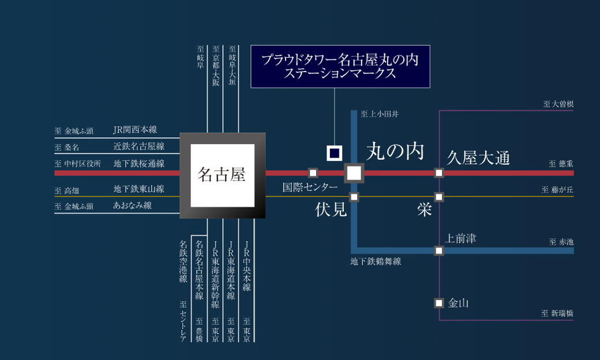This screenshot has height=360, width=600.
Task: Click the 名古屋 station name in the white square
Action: click(x=222, y=174)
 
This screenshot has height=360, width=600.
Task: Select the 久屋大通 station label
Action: click(x=478, y=157)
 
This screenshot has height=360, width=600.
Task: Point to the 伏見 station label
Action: click(x=331, y=209)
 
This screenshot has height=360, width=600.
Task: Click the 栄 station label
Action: click(x=425, y=209)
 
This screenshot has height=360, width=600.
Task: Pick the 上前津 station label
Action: click(x=460, y=238)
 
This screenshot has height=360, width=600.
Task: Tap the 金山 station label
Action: click(x=458, y=303)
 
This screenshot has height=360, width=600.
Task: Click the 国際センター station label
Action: click(x=310, y=187)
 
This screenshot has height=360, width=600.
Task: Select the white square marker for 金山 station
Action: click(x=439, y=303)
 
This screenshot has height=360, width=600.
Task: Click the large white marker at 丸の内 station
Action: click(x=354, y=173)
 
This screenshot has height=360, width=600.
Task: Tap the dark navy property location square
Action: click(x=335, y=153)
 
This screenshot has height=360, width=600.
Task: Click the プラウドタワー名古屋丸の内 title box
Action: click(x=340, y=66)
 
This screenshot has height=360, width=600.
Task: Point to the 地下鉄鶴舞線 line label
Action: click(x=376, y=261)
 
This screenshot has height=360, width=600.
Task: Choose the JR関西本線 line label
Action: click(x=135, y=130)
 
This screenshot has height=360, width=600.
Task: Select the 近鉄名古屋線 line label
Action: click(x=138, y=146)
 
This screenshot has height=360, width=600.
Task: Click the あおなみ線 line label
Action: click(x=132, y=205)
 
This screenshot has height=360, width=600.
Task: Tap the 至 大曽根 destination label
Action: click(x=558, y=104)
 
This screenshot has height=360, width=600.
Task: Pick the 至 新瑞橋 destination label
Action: click(x=557, y=313)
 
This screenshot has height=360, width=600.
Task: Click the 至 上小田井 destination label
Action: click(x=380, y=114)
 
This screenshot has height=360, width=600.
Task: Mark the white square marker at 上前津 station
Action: click(x=439, y=250)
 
